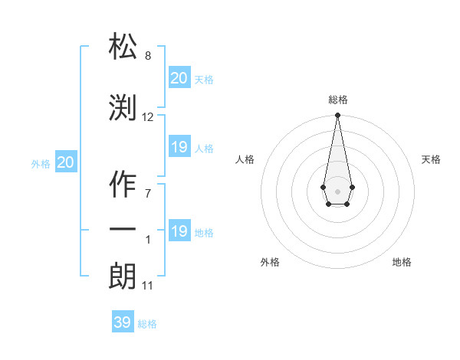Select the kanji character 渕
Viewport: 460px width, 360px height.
(123, 108)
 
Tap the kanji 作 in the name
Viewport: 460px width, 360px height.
(123, 183)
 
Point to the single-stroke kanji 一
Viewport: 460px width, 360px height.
(123, 230)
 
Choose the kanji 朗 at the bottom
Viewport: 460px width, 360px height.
(123, 277)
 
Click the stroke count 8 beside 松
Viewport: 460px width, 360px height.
(148, 56)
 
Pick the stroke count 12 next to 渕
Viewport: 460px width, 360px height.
(148, 117)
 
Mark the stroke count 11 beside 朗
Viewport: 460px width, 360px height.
(148, 286)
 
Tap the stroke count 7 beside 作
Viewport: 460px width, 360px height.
(148, 193)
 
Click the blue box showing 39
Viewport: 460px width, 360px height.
(122, 322)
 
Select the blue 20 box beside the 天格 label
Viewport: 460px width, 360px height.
(179, 78)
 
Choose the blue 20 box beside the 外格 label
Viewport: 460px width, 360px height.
(65, 162)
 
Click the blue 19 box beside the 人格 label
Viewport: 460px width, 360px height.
(179, 147)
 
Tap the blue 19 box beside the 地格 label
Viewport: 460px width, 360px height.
(179, 231)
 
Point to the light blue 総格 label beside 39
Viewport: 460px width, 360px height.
(147, 324)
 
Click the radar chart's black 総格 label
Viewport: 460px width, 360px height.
(337, 100)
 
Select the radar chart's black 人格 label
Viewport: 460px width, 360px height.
(245, 159)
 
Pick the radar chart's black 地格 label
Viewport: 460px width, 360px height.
(402, 262)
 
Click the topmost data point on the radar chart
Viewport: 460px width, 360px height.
(337, 116)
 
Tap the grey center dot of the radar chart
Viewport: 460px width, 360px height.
(337, 190)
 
